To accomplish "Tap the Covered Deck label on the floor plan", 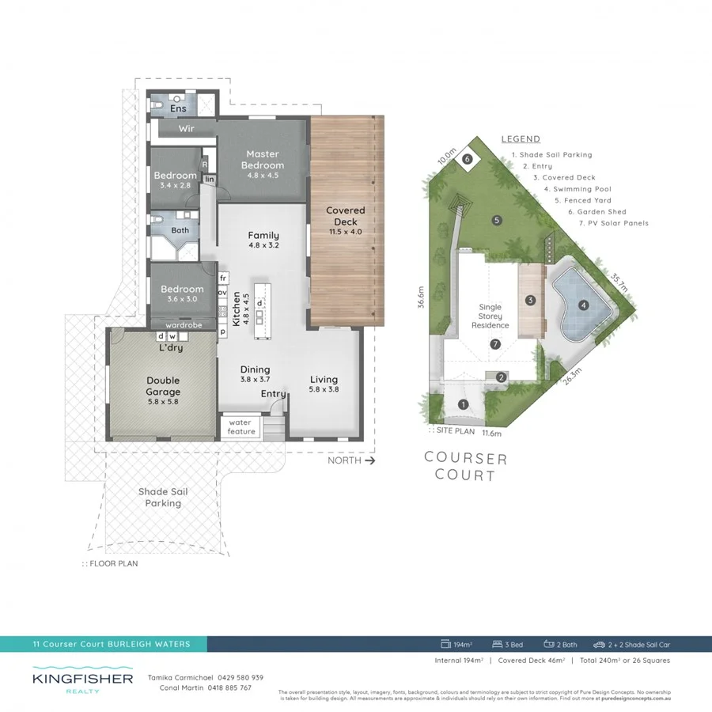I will (x=346, y=216).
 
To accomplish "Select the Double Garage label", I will (x=163, y=386).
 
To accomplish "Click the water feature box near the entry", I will (x=241, y=427).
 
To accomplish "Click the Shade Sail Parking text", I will (x=163, y=497).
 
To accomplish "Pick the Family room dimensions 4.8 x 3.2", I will (x=263, y=247).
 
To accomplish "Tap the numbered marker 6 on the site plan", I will (x=468, y=159).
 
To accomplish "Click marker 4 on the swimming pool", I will (x=583, y=305).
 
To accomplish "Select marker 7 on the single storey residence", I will (x=495, y=344).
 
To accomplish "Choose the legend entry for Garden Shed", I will (x=596, y=212).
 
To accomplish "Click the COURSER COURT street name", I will (x=465, y=467).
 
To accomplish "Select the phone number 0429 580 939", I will (x=235, y=677).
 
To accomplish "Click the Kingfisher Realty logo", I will (x=83, y=681).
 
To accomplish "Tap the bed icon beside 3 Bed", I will (x=498, y=645).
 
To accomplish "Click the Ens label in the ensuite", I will (x=178, y=108).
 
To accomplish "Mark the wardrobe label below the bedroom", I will (x=182, y=324).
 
